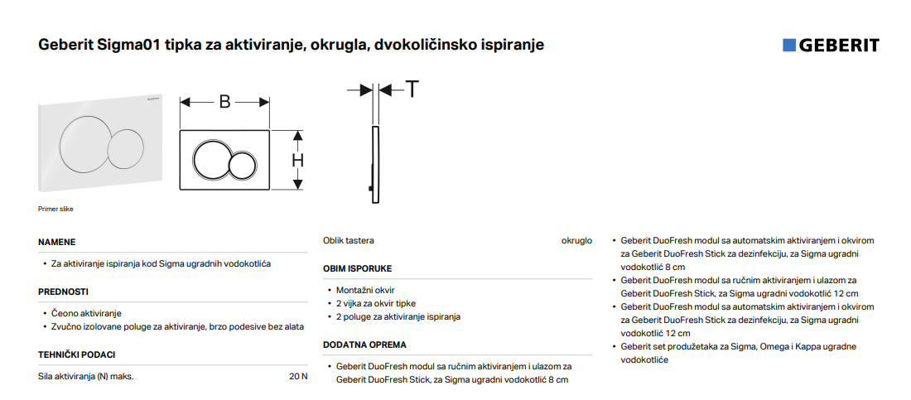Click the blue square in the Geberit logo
pos(789,46)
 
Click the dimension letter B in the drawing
pos(224,103)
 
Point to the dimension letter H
pos(298,161)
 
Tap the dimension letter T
pos(412,89)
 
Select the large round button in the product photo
pos(83,143)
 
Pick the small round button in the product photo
pos(126,149)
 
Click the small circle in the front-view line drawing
pos(242,165)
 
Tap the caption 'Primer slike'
pos(55,210)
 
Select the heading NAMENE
pos(57,243)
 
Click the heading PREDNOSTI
pos(63,292)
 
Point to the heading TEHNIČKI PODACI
pos(77,354)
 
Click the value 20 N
pos(298,376)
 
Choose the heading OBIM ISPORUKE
pos(357,268)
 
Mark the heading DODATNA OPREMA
pos(365,345)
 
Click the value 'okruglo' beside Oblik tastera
pos(576,241)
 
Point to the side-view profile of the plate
pos(375,165)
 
